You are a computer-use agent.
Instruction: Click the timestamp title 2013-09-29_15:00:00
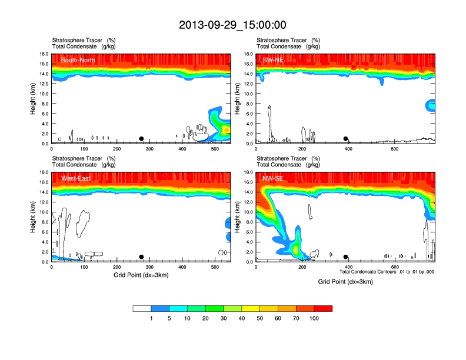232,25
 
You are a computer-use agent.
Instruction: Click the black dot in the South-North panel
141,139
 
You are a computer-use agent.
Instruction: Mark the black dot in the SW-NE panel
346,139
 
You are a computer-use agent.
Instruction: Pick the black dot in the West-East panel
141,257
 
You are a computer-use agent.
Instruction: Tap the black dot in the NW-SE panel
346,257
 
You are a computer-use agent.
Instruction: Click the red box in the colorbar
323,308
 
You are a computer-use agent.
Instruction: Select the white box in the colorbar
142,308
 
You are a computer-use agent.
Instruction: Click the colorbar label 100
314,318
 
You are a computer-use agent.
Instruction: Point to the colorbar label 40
242,318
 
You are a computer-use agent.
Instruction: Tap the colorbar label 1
151,318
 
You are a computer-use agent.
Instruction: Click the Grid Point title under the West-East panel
141,275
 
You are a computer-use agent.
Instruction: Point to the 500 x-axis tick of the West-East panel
304,267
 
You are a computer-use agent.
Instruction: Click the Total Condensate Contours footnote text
387,272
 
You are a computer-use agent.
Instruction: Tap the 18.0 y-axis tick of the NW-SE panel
248,172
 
